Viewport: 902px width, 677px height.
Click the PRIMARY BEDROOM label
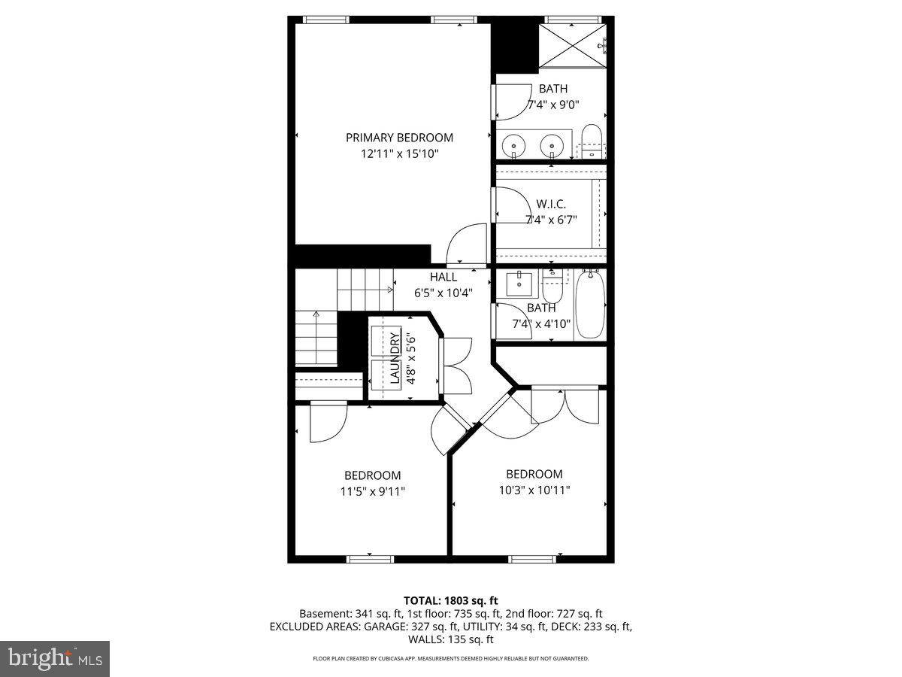399,138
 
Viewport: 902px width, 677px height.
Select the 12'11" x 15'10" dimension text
399,154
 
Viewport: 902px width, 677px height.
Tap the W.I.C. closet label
551,204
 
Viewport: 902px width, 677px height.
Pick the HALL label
443,277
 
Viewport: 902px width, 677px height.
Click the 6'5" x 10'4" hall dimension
443,293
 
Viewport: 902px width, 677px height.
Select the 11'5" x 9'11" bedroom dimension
373,492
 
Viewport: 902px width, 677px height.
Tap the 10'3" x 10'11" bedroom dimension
534,490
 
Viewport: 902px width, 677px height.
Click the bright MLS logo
55,659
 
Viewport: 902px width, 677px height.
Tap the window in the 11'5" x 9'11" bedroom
370,558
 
